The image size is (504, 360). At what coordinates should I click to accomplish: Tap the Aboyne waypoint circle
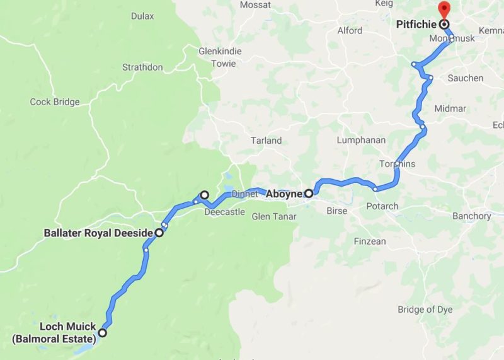click(309, 194)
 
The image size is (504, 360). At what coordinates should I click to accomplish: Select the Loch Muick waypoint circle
click(102, 333)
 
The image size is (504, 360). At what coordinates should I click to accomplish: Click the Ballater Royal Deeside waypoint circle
click(159, 233)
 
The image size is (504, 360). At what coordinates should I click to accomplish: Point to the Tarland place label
click(266, 141)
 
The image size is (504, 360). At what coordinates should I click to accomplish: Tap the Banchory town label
click(471, 216)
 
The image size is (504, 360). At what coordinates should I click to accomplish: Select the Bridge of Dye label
click(425, 309)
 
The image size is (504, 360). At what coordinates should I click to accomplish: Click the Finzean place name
click(369, 241)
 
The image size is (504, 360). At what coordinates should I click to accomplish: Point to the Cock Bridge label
click(55, 102)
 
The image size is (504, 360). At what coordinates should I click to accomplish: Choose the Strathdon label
click(143, 67)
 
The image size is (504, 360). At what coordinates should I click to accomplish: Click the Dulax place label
click(143, 16)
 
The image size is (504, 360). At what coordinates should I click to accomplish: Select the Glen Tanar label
click(274, 216)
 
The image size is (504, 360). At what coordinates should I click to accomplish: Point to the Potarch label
click(382, 206)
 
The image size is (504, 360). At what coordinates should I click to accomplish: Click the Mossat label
click(256, 4)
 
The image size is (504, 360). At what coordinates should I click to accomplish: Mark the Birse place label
click(336, 211)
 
